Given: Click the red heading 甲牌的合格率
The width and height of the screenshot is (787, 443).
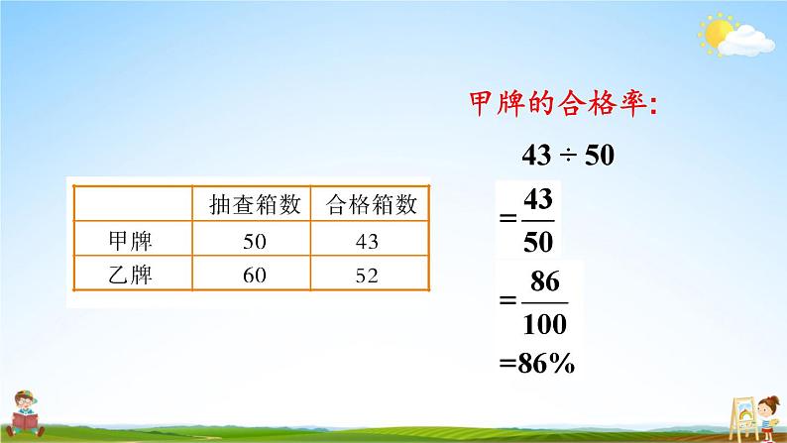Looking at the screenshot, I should [x=560, y=104].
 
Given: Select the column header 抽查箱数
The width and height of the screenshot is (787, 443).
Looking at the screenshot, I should [x=253, y=205].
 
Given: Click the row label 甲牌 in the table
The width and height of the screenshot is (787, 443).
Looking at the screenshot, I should [x=132, y=241].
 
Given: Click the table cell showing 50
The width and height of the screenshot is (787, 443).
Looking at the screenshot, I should [x=254, y=241].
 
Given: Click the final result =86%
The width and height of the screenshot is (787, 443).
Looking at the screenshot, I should [x=539, y=364].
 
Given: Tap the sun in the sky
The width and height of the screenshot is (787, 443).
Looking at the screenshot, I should [x=715, y=33].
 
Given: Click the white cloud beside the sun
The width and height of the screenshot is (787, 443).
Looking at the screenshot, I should [x=749, y=40].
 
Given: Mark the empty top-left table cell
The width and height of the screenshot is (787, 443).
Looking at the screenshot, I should [x=132, y=205].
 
